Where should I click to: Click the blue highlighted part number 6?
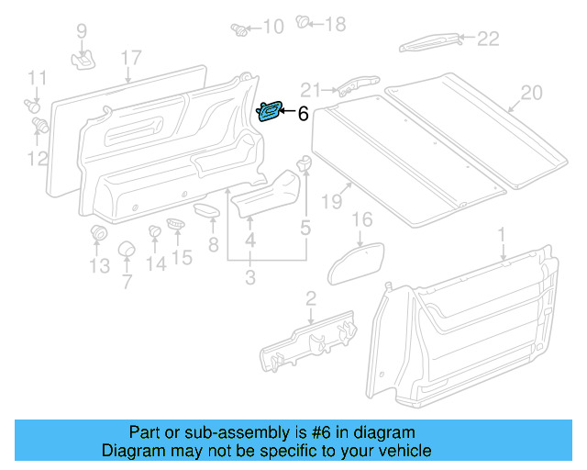point(270,111)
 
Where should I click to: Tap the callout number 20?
point(532,92)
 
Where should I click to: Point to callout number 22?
point(488,39)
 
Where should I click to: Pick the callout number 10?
point(272,27)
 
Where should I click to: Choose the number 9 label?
point(82,31)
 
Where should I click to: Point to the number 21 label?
point(311,89)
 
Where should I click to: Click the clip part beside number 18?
point(305,23)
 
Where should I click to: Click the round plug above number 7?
point(127,251)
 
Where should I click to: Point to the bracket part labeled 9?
point(84,59)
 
